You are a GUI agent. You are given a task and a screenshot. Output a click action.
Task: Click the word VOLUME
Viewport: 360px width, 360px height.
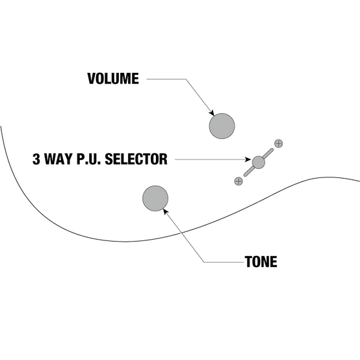point(113,79)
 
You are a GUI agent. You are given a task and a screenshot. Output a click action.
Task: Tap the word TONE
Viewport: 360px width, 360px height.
point(261,261)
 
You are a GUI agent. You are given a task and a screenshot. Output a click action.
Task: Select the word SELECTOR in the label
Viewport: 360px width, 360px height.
point(136,159)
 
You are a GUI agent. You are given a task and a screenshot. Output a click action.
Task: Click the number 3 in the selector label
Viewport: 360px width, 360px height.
point(36,159)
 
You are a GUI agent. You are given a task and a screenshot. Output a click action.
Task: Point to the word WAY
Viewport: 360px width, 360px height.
point(58,159)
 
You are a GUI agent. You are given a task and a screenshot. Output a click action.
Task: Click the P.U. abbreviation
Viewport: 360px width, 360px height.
point(88,159)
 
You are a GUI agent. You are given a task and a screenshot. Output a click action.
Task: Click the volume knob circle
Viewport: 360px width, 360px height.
point(222,126)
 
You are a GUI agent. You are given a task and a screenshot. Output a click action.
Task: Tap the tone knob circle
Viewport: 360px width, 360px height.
point(155,198)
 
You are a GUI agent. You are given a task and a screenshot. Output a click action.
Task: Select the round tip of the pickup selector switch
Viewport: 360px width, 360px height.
point(259,162)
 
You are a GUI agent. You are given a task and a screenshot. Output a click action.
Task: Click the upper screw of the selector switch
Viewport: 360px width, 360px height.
point(279,144)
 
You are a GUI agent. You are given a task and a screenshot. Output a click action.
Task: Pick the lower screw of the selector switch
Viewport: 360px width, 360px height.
point(238,181)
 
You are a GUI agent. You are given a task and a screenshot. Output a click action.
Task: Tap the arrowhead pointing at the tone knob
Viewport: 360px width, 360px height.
point(165,211)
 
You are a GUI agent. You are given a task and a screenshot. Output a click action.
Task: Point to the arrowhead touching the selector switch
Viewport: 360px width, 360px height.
point(248,159)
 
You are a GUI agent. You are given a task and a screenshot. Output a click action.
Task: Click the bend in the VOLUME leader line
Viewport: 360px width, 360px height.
point(186,79)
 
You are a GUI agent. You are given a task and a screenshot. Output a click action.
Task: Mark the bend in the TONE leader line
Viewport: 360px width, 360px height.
point(204,262)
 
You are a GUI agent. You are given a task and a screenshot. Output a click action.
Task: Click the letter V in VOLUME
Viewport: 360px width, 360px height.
point(92,79)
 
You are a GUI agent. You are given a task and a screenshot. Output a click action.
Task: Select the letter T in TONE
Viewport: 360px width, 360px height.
point(248,261)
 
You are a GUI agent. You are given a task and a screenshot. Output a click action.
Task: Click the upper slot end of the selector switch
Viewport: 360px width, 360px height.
point(272,149)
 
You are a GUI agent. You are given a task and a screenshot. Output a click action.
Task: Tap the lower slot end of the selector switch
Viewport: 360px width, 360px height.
point(245,175)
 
